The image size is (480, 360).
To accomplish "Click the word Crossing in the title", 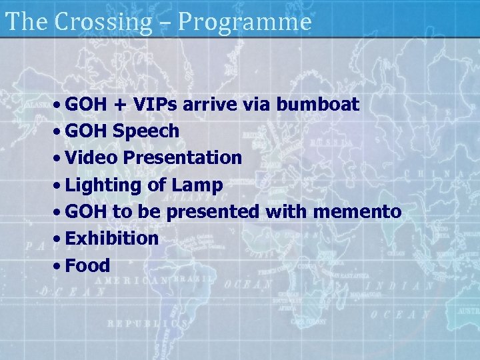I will [103, 23].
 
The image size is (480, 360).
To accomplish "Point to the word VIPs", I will [158, 105].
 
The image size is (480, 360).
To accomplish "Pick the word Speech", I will [146, 132].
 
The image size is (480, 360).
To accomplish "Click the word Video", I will [90, 158].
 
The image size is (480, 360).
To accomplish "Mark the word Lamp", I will [197, 185].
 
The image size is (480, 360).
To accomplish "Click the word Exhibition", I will [113, 238].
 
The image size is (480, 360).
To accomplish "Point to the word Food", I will [88, 265].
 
